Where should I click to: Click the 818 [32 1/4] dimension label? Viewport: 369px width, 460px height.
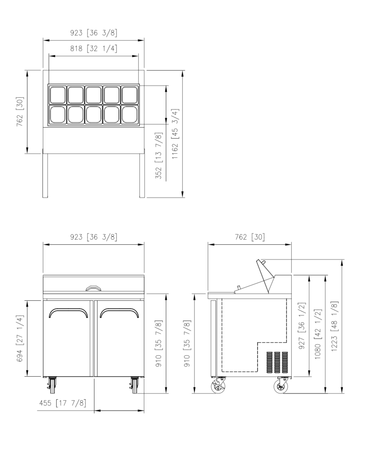pyautogui.click(x=94, y=48)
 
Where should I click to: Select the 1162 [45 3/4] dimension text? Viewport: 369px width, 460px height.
pyautogui.click(x=175, y=134)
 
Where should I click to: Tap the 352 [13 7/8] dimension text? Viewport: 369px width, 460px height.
pyautogui.click(x=158, y=156)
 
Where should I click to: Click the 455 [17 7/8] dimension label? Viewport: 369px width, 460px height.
pyautogui.click(x=63, y=403)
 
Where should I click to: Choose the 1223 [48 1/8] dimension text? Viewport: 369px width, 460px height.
pyautogui.click(x=334, y=326)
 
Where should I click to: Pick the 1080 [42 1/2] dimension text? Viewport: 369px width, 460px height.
pyautogui.click(x=318, y=334)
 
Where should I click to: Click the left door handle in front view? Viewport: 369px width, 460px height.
pyautogui.click(x=68, y=309)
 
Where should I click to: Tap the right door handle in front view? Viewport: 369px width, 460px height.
pyautogui.click(x=119, y=309)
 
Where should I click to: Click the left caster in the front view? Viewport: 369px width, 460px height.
pyautogui.click(x=52, y=385)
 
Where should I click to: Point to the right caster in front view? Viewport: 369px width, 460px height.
pyautogui.click(x=134, y=385)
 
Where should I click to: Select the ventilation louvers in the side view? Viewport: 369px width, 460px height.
pyautogui.click(x=277, y=362)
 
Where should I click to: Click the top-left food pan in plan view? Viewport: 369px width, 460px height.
pyautogui.click(x=58, y=95)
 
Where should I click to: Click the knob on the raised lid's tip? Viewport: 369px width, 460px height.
pyautogui.click(x=264, y=262)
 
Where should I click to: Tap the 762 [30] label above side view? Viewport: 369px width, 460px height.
pyautogui.click(x=250, y=237)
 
